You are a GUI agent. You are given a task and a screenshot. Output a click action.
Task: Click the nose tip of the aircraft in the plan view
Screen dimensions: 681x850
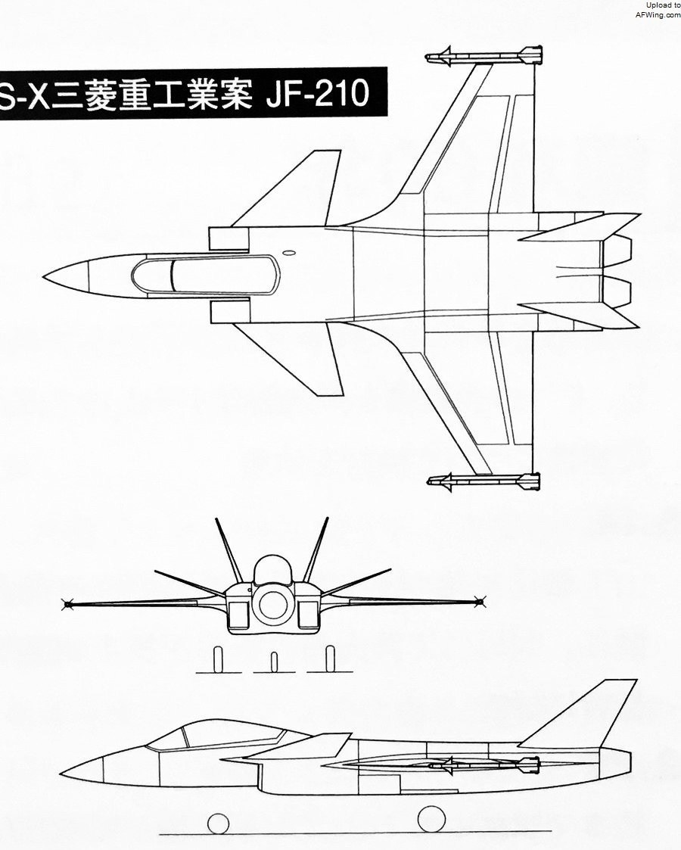pos(44,277)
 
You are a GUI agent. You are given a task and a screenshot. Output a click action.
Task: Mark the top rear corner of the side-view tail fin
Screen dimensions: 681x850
pos(636,680)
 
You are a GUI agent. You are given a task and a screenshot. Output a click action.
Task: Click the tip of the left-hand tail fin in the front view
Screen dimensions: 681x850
pos(216,519)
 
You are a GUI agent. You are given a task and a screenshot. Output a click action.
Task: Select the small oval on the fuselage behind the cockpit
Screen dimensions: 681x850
pos(289,252)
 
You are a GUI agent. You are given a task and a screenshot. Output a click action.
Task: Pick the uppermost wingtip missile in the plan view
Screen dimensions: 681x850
pos(484,56)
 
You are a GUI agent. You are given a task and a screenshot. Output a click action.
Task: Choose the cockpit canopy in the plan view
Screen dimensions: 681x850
pos(205,276)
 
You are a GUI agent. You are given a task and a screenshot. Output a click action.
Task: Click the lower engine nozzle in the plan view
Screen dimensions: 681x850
pos(617,293)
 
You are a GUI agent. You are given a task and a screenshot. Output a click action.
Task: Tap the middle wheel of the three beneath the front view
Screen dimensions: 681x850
pos(274,662)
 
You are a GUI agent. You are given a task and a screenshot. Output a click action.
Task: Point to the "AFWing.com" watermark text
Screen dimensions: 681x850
pos(658,14)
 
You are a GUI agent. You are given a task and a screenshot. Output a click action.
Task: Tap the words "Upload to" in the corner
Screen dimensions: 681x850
pos(663,5)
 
